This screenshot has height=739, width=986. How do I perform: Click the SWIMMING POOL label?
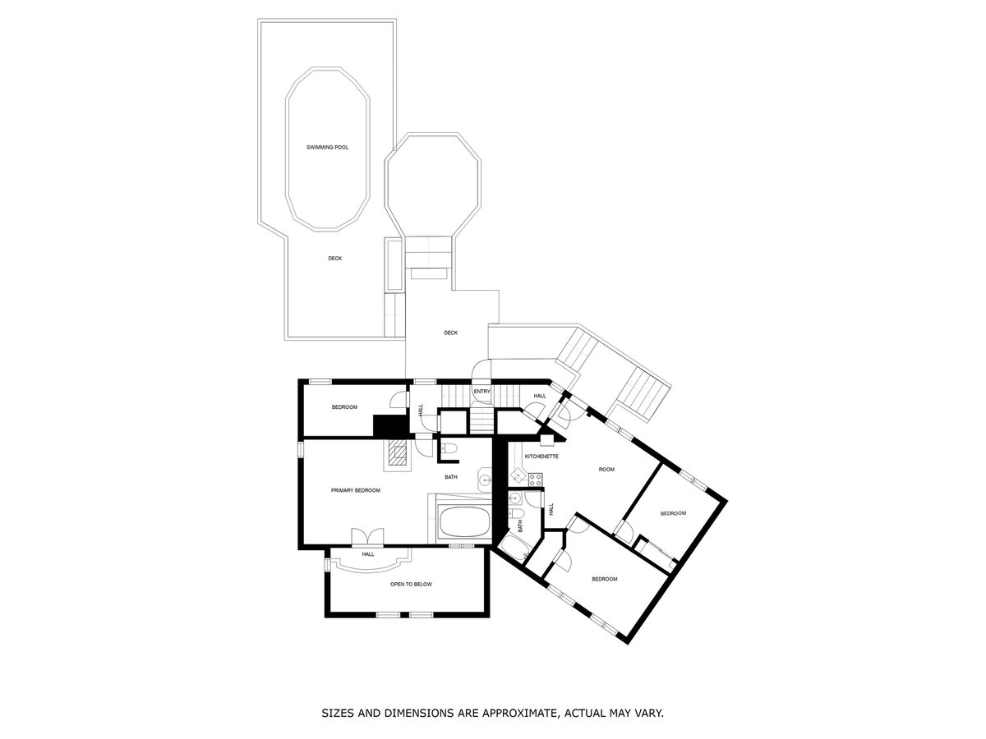(x=327, y=147)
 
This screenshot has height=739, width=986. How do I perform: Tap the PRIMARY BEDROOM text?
(x=355, y=490)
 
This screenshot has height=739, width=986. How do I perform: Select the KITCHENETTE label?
(x=541, y=457)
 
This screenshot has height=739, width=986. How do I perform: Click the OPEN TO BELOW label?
(x=411, y=584)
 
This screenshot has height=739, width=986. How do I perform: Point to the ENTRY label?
(x=481, y=392)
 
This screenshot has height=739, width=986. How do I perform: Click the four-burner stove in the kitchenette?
(x=536, y=479)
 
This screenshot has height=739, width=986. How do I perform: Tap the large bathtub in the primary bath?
(x=464, y=522)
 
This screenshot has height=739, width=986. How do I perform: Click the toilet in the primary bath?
(x=449, y=448)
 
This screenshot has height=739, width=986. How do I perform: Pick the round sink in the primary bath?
(x=485, y=480)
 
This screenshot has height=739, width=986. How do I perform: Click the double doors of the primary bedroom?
(x=367, y=537)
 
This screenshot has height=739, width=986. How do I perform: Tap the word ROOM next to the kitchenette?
(x=606, y=470)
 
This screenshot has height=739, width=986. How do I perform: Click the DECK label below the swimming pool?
(x=334, y=259)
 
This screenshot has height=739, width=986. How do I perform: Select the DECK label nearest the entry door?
(x=450, y=333)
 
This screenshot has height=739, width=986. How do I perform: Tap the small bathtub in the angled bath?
(x=515, y=548)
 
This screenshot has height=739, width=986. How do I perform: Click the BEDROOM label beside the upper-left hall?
(x=344, y=407)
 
